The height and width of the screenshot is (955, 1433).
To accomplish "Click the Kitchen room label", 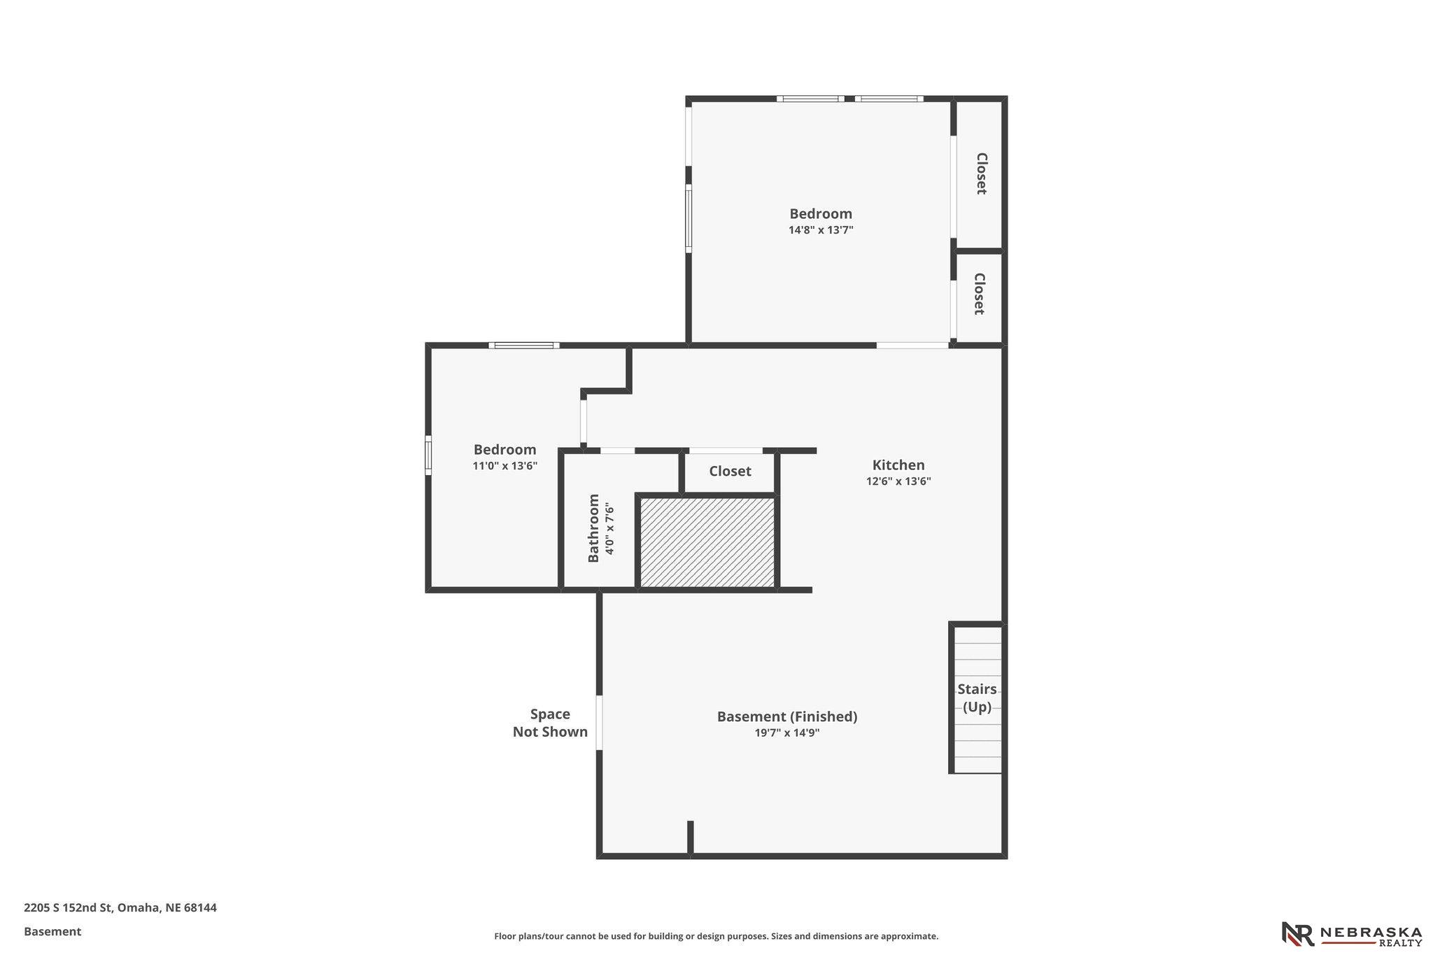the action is (898, 465).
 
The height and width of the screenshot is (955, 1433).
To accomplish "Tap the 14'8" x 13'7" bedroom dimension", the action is (821, 229).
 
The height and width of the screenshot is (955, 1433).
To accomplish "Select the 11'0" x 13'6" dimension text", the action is (504, 465).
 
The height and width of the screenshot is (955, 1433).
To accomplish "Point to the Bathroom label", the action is (593, 528).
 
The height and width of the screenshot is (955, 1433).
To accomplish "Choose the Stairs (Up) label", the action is (977, 698).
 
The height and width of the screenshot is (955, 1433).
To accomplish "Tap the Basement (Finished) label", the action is (787, 716).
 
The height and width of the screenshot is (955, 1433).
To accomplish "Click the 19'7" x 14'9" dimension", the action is (787, 733).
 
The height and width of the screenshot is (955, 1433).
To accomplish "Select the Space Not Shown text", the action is (550, 723).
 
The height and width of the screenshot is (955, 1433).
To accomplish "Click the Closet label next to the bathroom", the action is (730, 471).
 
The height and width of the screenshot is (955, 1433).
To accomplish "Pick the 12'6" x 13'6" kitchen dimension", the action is (898, 481).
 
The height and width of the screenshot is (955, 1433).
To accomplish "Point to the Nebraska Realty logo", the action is (1351, 933).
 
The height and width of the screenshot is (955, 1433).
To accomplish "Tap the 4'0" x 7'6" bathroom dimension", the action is (609, 528).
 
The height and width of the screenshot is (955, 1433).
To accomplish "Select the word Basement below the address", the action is (52, 932).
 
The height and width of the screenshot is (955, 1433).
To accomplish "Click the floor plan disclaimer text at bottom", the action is (716, 936).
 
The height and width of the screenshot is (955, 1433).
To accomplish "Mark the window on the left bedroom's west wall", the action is (428, 455).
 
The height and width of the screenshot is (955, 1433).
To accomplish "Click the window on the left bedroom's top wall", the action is (524, 345).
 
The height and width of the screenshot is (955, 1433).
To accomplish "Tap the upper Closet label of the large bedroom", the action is (981, 174).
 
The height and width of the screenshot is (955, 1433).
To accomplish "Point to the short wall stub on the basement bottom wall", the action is (690, 837).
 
